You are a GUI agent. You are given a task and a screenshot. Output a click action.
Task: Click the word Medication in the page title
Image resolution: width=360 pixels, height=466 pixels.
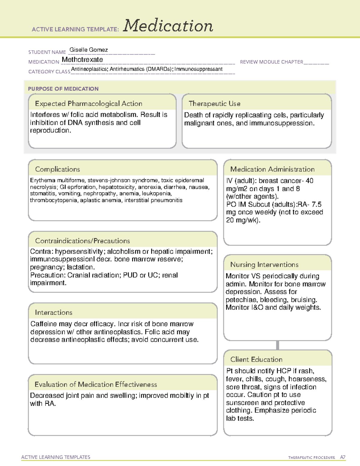pos(168,26)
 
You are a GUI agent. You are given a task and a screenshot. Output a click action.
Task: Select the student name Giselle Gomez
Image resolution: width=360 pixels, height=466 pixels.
pos(88,50)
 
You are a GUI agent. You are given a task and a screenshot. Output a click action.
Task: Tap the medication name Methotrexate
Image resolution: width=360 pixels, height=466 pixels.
pos(82,60)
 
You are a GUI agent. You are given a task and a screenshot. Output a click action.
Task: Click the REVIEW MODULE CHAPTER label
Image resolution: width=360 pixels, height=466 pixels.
pos(271,62)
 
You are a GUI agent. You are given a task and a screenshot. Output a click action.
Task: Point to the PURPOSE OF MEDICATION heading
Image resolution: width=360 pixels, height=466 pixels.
pos(63,89)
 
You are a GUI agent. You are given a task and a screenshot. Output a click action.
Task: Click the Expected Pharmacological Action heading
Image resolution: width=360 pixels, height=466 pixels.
pos(88,104)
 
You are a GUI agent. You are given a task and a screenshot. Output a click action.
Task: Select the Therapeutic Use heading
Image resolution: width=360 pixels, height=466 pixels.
pos(214,104)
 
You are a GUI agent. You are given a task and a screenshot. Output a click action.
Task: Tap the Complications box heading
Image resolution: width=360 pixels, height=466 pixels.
pos(58,169)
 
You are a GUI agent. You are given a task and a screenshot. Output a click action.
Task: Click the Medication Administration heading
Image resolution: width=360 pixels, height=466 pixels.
pos(272,169)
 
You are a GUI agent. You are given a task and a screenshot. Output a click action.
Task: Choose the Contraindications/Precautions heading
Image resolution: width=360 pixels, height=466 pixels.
pos(82,241)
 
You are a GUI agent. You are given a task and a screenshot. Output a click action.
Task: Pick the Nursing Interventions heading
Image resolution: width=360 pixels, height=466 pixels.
pos(264,264)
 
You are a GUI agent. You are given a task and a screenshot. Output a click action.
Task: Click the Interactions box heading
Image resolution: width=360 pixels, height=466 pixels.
pos(54,312)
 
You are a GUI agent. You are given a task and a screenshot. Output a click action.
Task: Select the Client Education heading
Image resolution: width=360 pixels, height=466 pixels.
pos(256,359)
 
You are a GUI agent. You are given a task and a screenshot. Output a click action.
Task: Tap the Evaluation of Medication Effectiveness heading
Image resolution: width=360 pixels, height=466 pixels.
pos(96,384)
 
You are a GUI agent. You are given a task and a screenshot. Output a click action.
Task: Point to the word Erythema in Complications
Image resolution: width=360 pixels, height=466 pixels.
pos(43,180)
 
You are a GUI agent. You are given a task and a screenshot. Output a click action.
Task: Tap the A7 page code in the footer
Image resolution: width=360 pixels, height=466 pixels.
pos(343,457)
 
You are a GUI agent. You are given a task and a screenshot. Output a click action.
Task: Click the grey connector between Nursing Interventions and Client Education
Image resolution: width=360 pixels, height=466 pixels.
pos(277,345)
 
